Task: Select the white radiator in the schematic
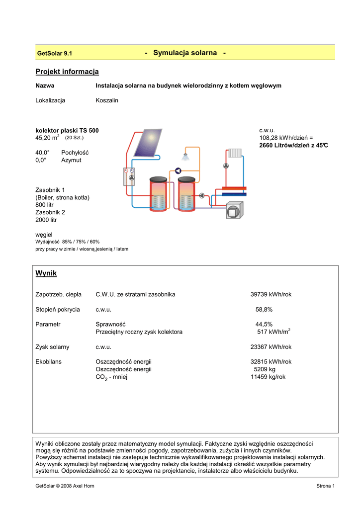235,154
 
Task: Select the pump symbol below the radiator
226,166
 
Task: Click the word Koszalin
107,100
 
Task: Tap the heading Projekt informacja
67,72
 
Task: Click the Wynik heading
46,273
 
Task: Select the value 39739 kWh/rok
270,295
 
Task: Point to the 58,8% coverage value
264,310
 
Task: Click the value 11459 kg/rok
268,377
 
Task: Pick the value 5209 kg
265,369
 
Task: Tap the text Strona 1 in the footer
326,486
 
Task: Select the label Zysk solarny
52,347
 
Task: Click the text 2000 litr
46,220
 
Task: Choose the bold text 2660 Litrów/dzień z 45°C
294,146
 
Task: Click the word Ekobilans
49,362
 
